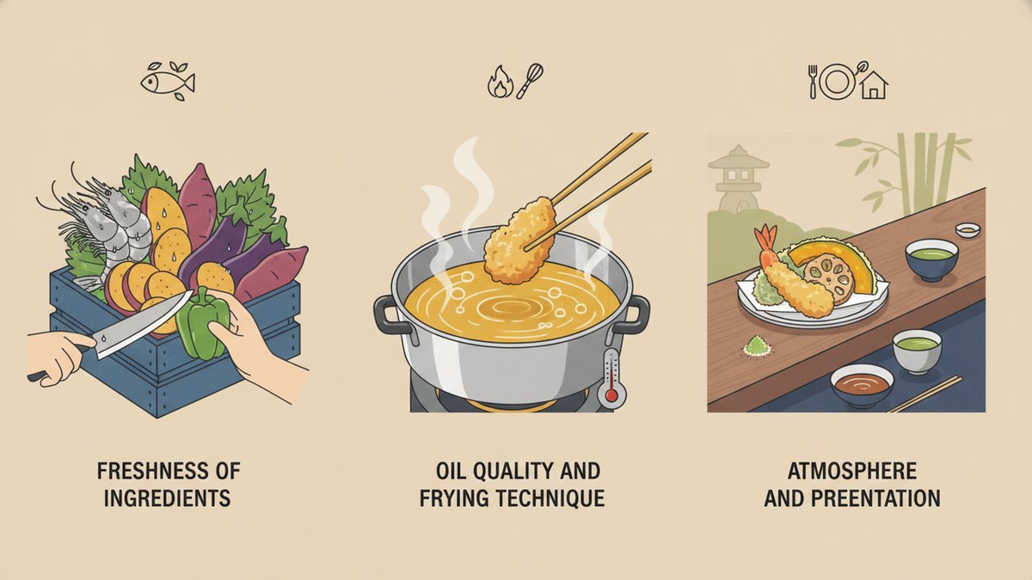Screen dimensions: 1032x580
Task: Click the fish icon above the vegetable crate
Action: tap(168, 82)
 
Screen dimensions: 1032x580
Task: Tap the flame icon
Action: tap(500, 82)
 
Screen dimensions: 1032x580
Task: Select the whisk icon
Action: tap(530, 82)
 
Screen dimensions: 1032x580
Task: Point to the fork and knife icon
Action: tap(813, 82)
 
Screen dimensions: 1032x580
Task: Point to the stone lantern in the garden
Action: tap(739, 179)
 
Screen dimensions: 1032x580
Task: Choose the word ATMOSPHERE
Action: tap(852, 471)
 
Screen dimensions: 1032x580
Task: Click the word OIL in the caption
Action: tap(448, 471)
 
